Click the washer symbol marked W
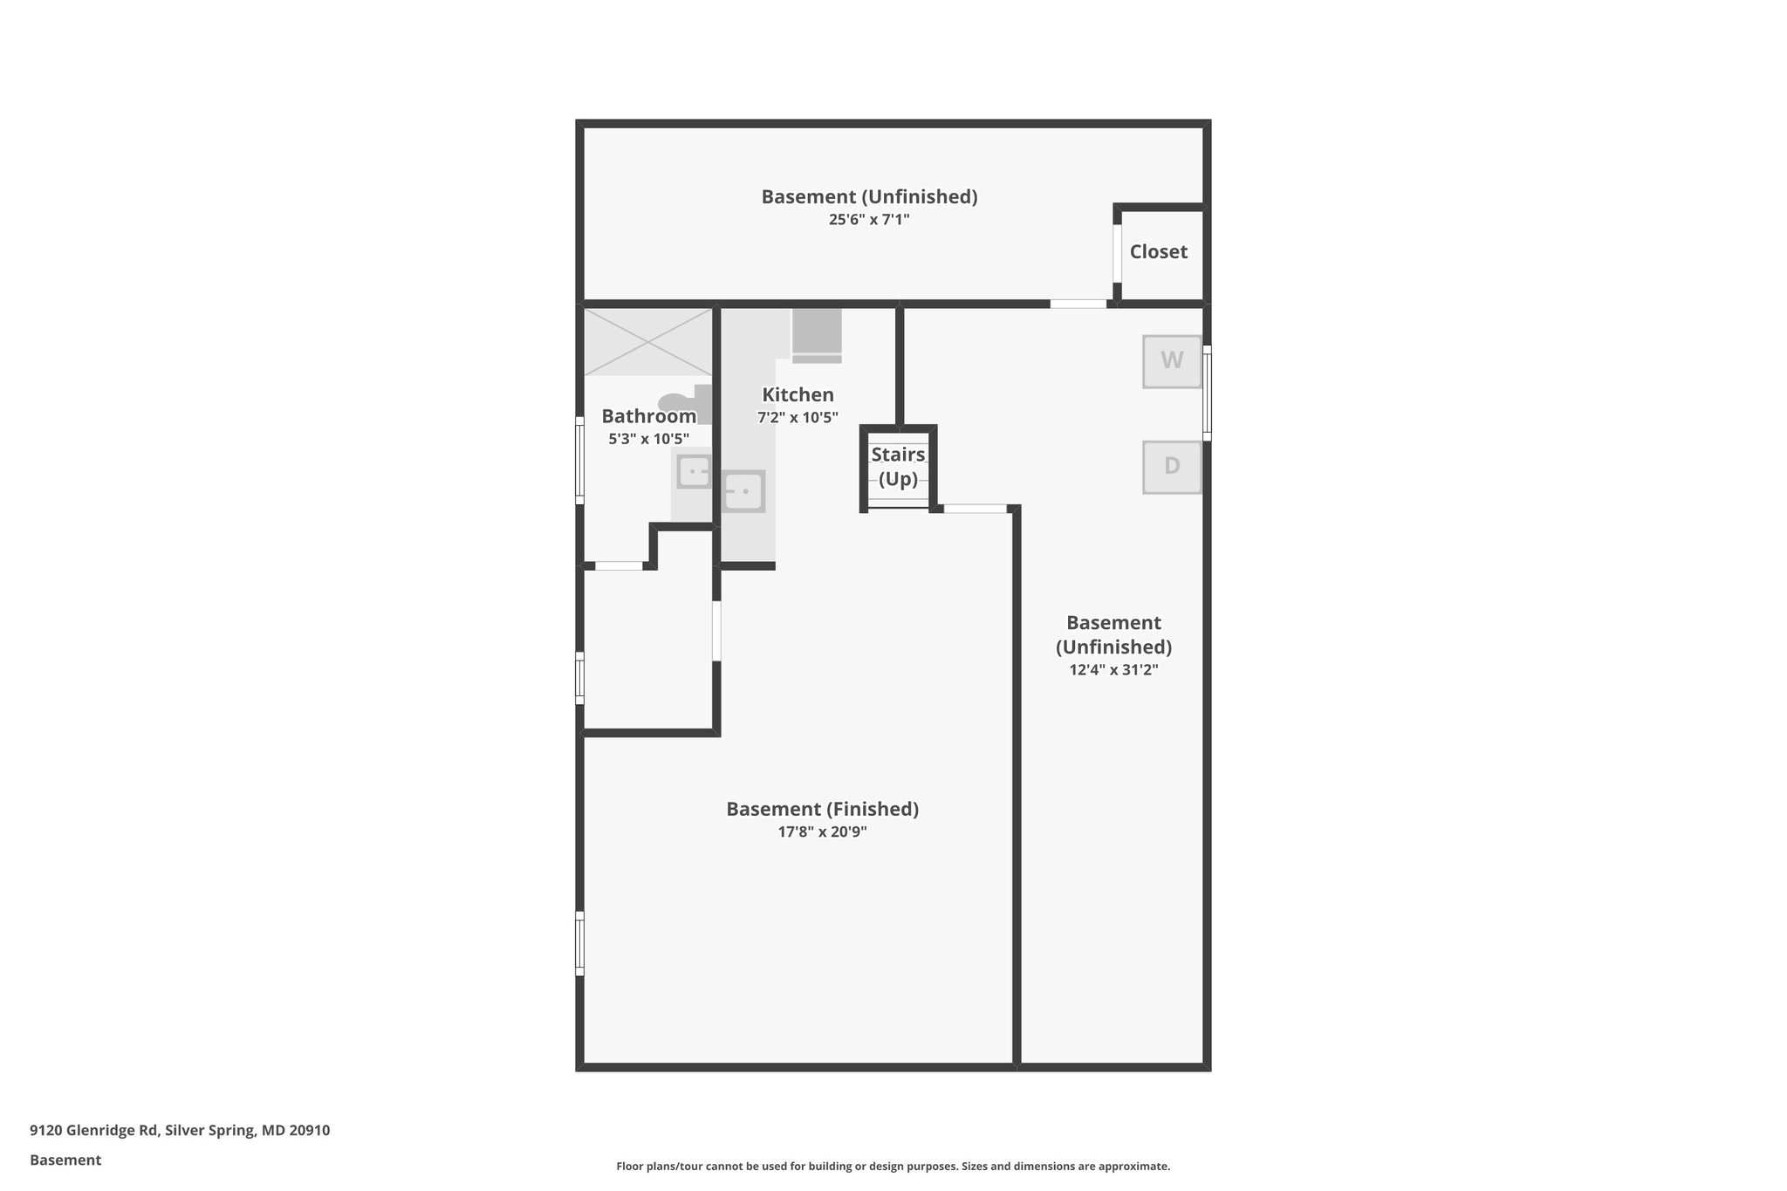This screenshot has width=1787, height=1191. [1171, 360]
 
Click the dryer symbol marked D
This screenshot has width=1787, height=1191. [1171, 467]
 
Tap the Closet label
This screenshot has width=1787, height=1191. [1158, 252]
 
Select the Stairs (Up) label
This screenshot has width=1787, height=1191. [898, 467]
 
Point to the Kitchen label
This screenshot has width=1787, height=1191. [798, 394]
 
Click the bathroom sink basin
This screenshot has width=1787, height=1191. [694, 472]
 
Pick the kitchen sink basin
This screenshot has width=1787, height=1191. [743, 491]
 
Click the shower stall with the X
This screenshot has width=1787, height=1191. [647, 341]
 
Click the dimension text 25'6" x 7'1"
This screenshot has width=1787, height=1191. [869, 220]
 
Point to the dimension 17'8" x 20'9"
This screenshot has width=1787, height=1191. [822, 832]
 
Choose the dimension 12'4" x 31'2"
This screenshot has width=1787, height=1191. [1113, 670]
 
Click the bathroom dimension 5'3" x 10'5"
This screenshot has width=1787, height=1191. [648, 439]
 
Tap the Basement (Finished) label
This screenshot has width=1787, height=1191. [822, 809]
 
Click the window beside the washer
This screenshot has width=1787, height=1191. [1208, 393]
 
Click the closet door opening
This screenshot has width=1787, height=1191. [1117, 253]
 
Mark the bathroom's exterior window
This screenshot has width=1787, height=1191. [579, 460]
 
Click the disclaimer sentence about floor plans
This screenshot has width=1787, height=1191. [893, 1166]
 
